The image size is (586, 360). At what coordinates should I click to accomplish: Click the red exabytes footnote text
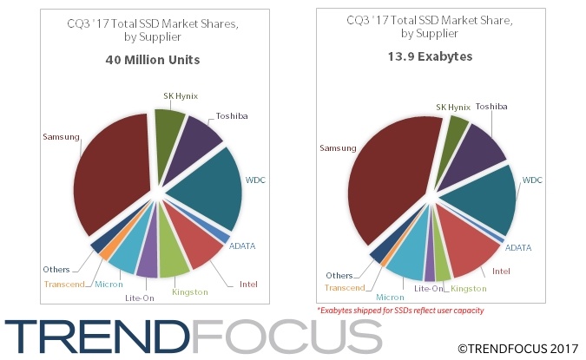(x=400, y=310)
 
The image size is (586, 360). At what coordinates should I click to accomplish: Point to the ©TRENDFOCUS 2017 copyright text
(x=517, y=348)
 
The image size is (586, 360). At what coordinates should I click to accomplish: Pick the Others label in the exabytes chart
(x=339, y=276)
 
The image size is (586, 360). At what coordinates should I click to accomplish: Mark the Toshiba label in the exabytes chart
(x=491, y=106)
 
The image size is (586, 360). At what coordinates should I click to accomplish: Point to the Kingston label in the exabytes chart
(x=469, y=287)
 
